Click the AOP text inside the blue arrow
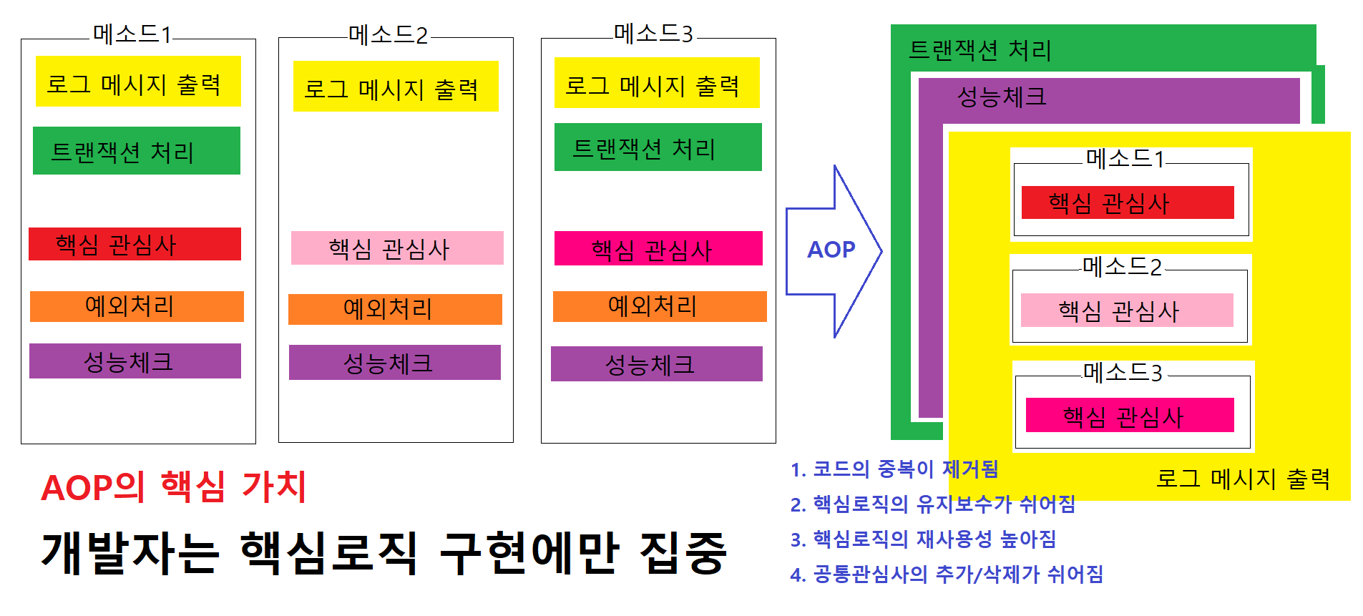coord(831,250)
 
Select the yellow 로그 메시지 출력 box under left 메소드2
coord(395,87)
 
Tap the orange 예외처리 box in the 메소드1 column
coord(137,306)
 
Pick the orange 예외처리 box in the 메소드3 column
coord(659,306)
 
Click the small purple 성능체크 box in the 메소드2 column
coord(394,363)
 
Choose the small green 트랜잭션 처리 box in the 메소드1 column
coord(136,151)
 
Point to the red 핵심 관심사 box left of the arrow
coord(135,244)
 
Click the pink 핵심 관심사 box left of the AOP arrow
coord(396,248)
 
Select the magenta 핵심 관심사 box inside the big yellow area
coord(1129,416)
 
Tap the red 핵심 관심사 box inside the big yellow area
coord(1127,202)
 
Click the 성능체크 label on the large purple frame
coord(1002,97)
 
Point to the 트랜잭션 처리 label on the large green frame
coord(979,50)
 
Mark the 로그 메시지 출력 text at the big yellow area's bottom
coord(1243,479)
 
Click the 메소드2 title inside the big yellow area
coord(1122,267)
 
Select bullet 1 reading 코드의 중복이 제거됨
coord(894,469)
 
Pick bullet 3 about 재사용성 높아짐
coord(923,539)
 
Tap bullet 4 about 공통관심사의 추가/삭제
coord(946,574)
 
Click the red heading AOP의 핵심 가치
coord(174,487)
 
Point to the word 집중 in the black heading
coord(683,553)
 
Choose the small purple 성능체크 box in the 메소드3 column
coord(656,364)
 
